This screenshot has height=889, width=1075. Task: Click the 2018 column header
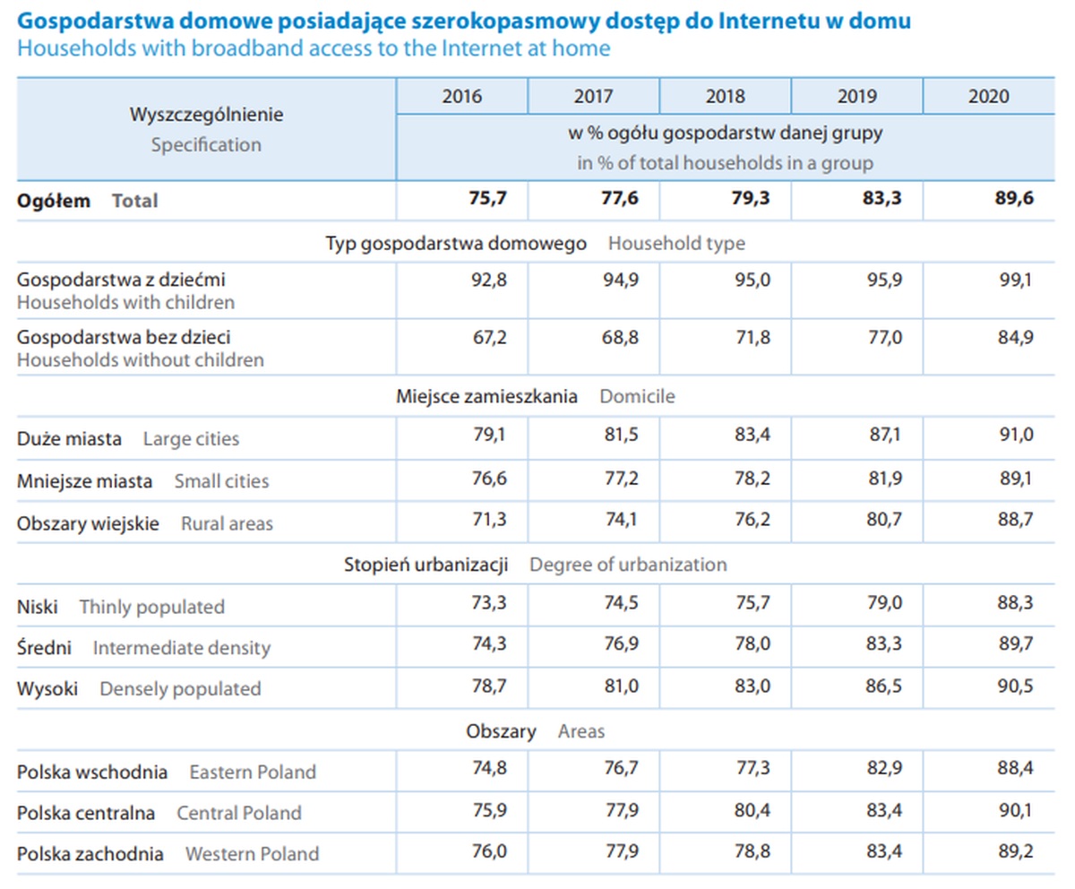point(726,97)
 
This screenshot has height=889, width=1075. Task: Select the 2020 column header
point(988,97)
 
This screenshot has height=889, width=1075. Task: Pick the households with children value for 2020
point(1015,280)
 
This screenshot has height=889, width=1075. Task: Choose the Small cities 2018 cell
point(751,479)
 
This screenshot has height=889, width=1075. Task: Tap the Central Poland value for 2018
point(751,811)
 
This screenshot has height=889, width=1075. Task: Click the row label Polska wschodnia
point(92,772)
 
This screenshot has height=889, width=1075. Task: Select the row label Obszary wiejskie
point(88,523)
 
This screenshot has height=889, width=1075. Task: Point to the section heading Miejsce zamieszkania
point(486,396)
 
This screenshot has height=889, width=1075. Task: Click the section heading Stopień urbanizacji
point(426,565)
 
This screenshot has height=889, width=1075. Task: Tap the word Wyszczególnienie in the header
point(206,115)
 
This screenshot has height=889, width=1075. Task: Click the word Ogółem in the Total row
point(54,201)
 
